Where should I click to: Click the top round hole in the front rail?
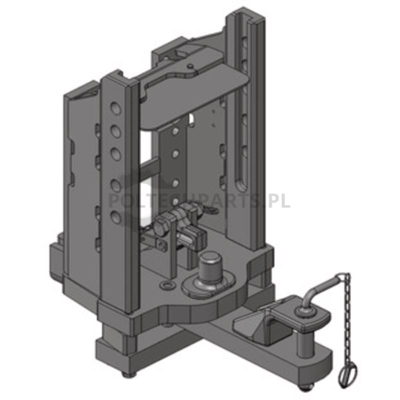click(116, 108)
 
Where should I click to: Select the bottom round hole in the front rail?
click(116, 216)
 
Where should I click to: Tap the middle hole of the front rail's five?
click(116, 154)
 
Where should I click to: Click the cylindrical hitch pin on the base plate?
click(209, 268)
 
